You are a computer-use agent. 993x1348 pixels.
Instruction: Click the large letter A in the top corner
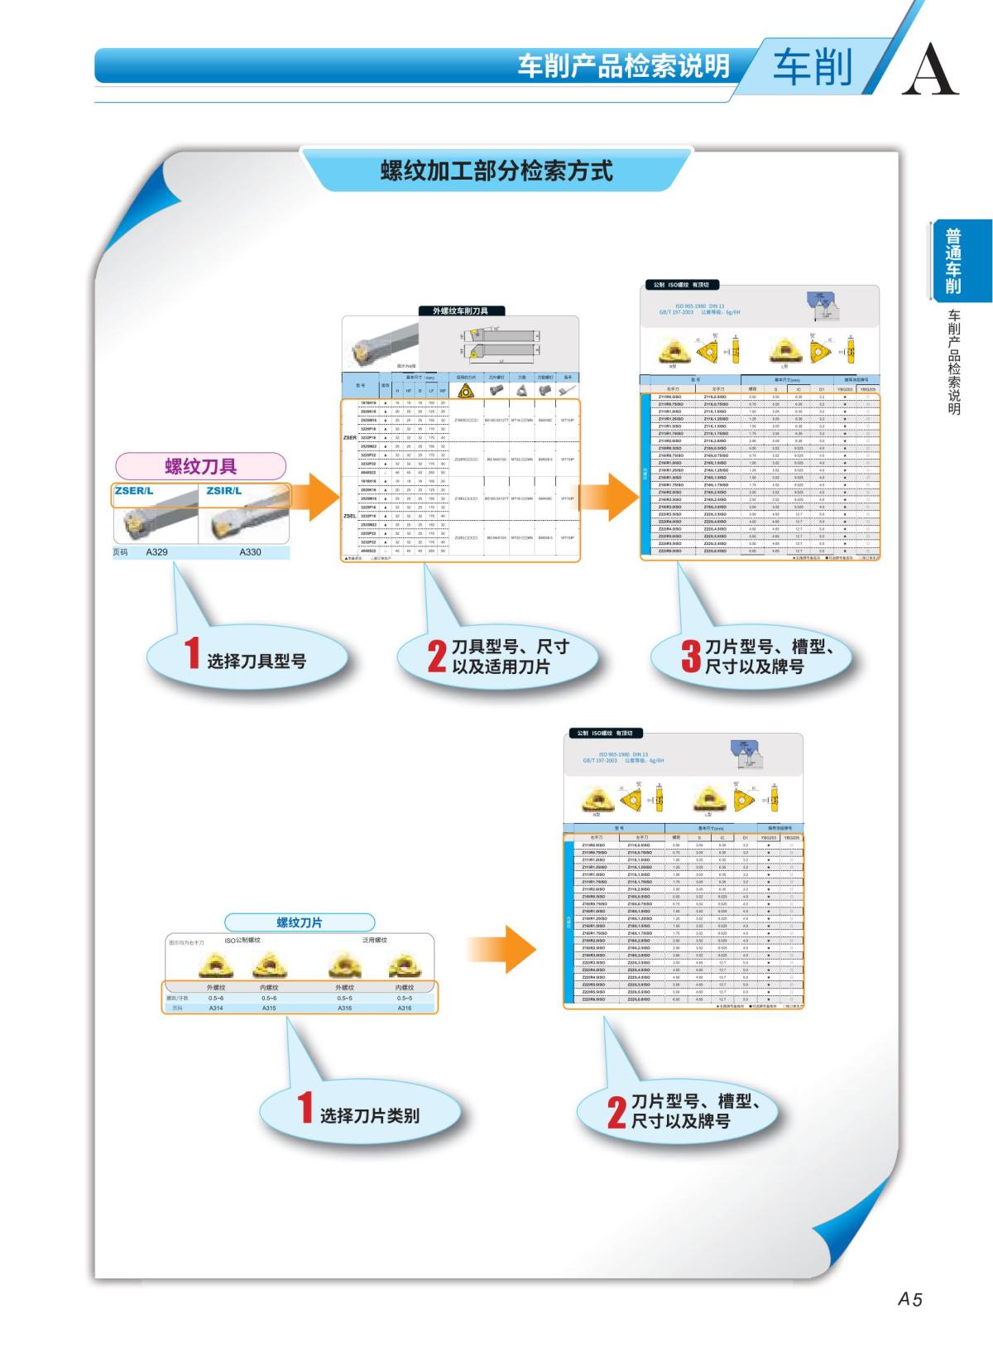click(930, 69)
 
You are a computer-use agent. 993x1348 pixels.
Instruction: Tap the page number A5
click(909, 1299)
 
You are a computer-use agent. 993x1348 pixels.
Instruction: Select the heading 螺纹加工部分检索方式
click(496, 171)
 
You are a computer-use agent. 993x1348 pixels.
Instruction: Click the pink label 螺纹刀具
click(200, 465)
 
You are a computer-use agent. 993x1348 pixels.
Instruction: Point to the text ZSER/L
click(134, 491)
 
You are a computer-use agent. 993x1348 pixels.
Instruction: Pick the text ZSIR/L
click(224, 491)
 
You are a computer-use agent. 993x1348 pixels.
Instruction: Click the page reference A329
click(156, 551)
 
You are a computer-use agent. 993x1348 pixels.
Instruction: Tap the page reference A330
click(250, 551)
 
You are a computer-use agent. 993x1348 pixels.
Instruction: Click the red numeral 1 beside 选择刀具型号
click(192, 653)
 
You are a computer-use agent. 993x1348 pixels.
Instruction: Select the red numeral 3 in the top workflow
click(691, 657)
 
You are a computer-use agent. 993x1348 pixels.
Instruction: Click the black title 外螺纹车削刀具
click(460, 311)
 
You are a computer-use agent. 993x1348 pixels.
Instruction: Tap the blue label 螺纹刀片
click(300, 922)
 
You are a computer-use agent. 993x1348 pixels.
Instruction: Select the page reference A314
click(216, 1008)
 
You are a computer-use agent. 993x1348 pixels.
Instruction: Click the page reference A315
click(269, 1008)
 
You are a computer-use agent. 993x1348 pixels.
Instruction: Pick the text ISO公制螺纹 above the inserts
click(242, 941)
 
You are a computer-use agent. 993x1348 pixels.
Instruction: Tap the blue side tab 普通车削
click(953, 262)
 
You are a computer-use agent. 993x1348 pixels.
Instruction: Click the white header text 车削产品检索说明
click(624, 65)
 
